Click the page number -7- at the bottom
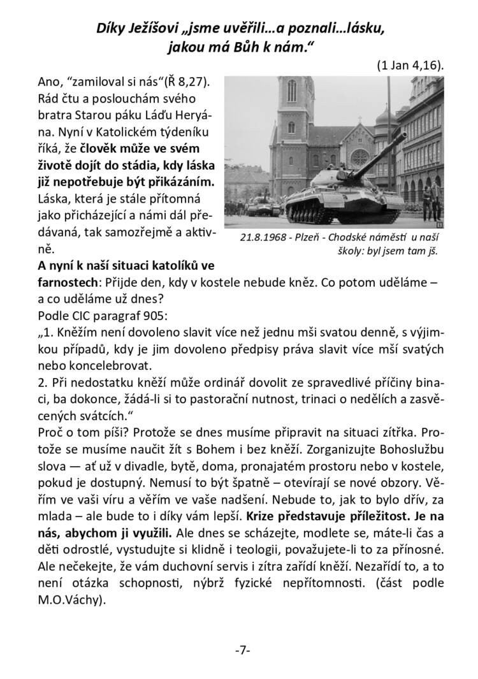coord(243,650)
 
